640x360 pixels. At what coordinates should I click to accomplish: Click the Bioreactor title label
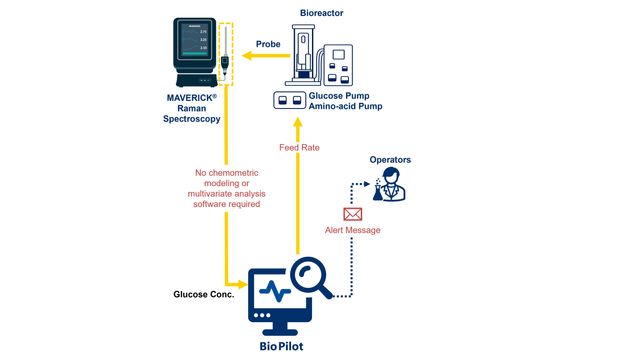click(x=324, y=13)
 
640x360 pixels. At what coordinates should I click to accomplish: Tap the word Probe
click(x=268, y=44)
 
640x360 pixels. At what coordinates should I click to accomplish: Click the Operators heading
click(x=390, y=160)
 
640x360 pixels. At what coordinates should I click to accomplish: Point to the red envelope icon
click(x=352, y=213)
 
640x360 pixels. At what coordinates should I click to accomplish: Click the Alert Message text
click(x=352, y=230)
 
